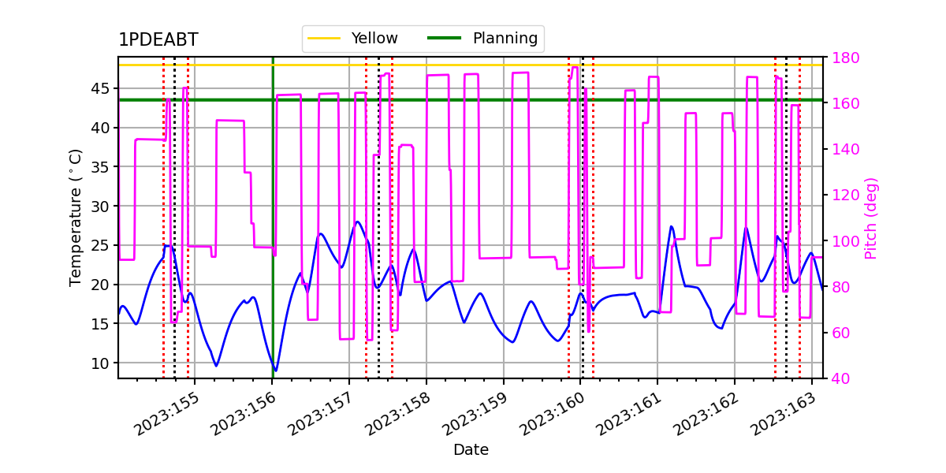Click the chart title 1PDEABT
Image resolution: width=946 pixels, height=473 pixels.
tap(158, 39)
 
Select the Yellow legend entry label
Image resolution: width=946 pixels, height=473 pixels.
tap(374, 39)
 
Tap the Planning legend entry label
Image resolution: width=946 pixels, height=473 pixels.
tap(505, 39)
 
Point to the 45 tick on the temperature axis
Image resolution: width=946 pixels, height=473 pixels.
tap(100, 88)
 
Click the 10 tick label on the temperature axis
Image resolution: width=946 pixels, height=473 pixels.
tap(100, 363)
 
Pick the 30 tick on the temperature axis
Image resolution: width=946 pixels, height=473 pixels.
tap(100, 207)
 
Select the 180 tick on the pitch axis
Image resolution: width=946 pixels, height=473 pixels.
tap(845, 58)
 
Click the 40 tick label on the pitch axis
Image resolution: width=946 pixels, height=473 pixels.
tap(841, 378)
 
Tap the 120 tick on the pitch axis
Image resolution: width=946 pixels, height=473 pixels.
tap(845, 196)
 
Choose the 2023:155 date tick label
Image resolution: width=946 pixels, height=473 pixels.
tap(166, 414)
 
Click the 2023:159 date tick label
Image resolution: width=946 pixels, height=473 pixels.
tap(475, 414)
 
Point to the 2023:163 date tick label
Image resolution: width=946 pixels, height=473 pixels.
tap(784, 414)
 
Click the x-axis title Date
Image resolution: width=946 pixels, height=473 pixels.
tap(471, 450)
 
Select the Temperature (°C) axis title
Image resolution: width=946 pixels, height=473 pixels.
tap(75, 218)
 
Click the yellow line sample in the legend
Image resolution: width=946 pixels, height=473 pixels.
tap(324, 39)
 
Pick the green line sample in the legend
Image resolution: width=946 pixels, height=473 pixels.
tap(445, 39)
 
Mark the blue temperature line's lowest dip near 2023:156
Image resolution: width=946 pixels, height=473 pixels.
tap(276, 371)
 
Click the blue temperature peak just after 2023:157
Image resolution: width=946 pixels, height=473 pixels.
tap(358, 222)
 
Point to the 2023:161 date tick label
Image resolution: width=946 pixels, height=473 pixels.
tap(629, 414)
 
